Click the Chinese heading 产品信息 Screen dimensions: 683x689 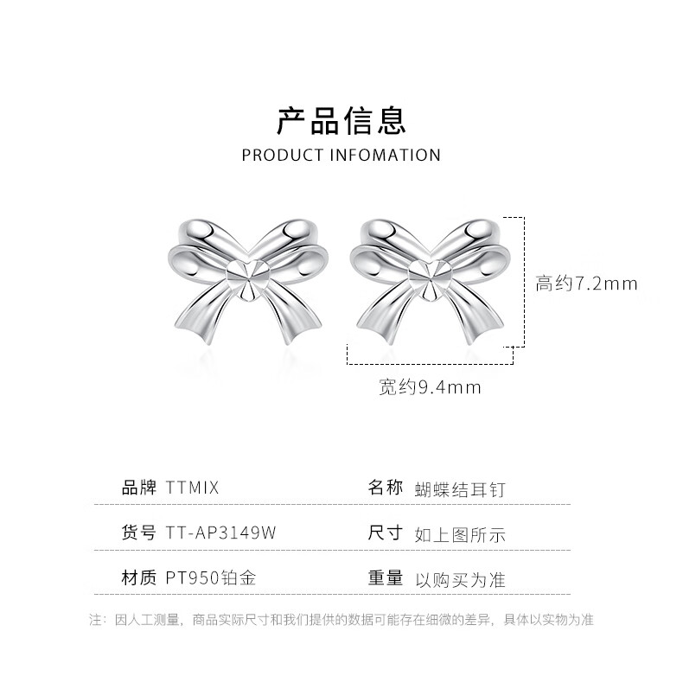341,120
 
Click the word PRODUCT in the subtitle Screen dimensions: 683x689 284,156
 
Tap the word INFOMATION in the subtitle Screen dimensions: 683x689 386,156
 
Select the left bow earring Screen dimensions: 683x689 246,282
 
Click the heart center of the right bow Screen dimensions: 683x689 429,280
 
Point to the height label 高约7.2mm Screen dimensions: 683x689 585,284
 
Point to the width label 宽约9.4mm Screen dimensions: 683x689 429,387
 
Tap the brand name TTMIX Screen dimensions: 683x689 193,488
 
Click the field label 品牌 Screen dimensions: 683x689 138,488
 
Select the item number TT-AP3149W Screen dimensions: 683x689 220,533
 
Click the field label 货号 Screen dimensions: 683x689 138,533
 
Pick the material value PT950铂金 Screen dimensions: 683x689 211,578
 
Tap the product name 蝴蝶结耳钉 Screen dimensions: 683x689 460,489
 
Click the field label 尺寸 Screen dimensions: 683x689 386,533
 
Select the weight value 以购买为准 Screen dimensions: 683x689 460,579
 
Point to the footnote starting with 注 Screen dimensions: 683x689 341,620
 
